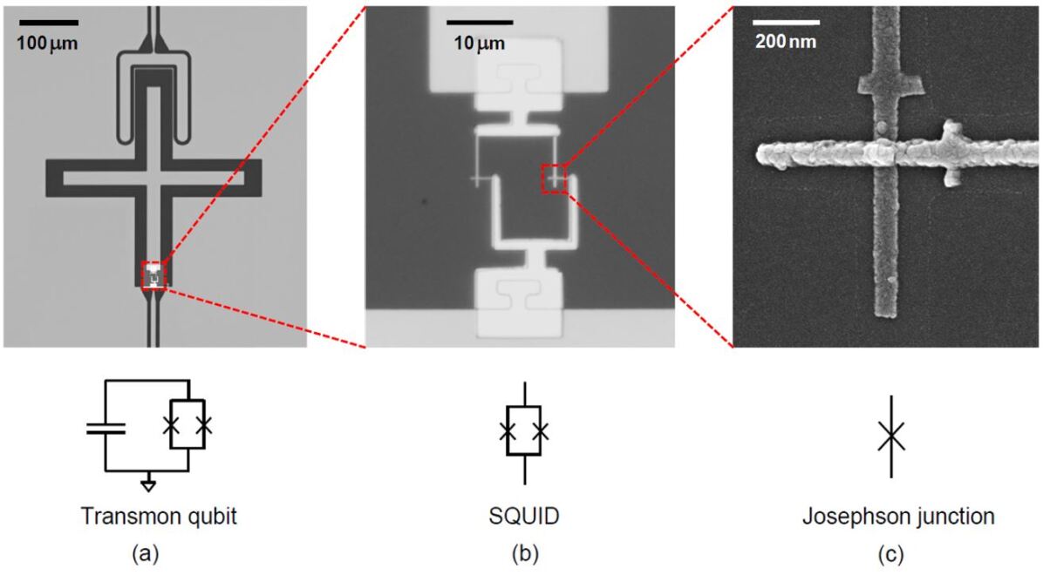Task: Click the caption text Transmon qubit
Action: pos(159,517)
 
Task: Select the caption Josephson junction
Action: pos(898,517)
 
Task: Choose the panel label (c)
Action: pos(898,551)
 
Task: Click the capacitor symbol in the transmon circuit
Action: pos(106,427)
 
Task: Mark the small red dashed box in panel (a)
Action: pos(153,274)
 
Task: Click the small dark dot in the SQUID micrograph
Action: pos(426,201)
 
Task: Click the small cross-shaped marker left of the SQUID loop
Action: pos(477,180)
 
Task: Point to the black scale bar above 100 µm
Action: pos(48,22)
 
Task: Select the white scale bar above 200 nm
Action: pos(787,22)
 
